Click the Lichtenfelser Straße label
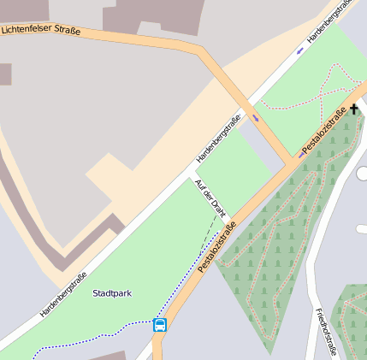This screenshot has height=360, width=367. [x=41, y=31]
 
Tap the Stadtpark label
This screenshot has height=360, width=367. [x=112, y=293]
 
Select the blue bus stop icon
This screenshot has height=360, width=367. [x=159, y=324]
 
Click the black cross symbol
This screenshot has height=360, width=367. [x=354, y=109]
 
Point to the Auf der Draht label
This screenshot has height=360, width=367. [x=210, y=198]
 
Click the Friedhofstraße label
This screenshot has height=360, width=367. [x=326, y=332]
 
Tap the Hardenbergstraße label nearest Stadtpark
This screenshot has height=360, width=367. [x=63, y=294]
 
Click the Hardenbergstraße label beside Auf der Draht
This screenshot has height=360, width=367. [x=219, y=139]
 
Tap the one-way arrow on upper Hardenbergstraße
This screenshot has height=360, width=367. [x=299, y=50]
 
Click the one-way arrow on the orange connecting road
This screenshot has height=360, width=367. [x=255, y=117]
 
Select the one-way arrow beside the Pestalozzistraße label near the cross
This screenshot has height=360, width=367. [x=301, y=155]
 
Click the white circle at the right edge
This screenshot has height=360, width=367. [x=363, y=174]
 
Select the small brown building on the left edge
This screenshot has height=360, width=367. [x=5, y=74]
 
